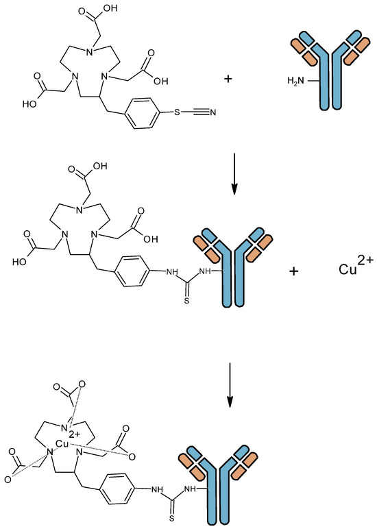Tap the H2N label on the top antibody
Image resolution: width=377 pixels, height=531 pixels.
click(x=297, y=82)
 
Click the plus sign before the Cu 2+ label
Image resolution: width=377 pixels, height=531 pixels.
click(x=295, y=271)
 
